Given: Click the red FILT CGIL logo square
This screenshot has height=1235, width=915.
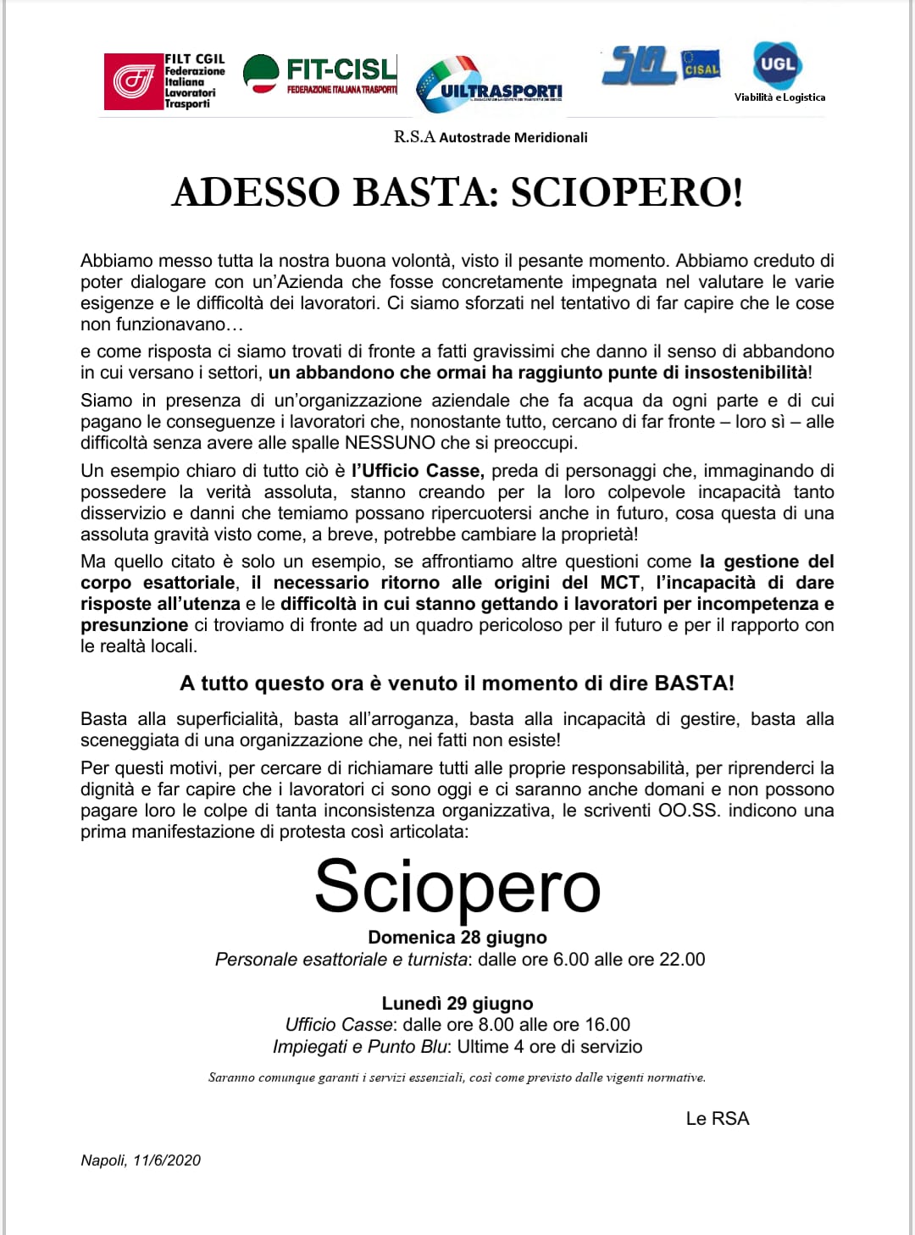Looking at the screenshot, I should pyautogui.click(x=133, y=81).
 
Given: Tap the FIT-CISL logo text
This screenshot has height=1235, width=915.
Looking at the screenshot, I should pyautogui.click(x=341, y=69).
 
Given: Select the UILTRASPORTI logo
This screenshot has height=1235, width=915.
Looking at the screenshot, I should pyautogui.click(x=490, y=85).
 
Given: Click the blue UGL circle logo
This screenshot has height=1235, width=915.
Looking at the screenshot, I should pyautogui.click(x=777, y=64).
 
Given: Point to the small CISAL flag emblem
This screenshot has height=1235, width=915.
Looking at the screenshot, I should pyautogui.click(x=701, y=67).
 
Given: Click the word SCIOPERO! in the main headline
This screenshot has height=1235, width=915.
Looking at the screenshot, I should pyautogui.click(x=627, y=192).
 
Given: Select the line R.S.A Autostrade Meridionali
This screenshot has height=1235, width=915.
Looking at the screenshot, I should pyautogui.click(x=491, y=137).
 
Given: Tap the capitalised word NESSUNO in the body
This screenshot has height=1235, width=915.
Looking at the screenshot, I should pyautogui.click(x=390, y=443).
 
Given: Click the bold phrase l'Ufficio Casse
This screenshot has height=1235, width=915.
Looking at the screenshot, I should pyautogui.click(x=417, y=471).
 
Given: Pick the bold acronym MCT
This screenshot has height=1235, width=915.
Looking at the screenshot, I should pyautogui.click(x=619, y=583).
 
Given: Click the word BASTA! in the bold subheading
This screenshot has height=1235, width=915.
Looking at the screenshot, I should pyautogui.click(x=694, y=684).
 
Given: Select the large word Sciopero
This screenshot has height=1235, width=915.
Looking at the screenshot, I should pyautogui.click(x=457, y=887).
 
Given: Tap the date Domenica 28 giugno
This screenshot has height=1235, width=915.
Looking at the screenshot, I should pyautogui.click(x=457, y=938).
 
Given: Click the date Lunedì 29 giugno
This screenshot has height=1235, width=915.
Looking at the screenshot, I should pyautogui.click(x=457, y=1004).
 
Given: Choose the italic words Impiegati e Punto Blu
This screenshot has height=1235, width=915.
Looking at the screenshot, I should pyautogui.click(x=359, y=1047).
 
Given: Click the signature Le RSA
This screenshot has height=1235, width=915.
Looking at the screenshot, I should pyautogui.click(x=718, y=1119).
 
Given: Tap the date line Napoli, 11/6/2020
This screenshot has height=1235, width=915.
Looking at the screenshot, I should pyautogui.click(x=141, y=1160).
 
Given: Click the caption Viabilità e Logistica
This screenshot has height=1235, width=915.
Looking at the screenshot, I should pyautogui.click(x=779, y=97).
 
